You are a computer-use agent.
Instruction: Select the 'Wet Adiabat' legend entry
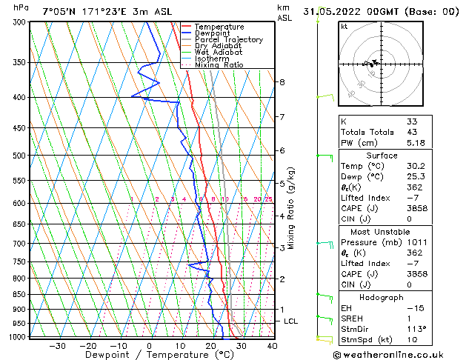218,52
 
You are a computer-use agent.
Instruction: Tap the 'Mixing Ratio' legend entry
219,64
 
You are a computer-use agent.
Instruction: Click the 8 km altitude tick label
282,81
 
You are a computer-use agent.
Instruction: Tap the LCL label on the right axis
291,321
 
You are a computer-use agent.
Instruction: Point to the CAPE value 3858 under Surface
413,209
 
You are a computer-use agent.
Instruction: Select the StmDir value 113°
415,329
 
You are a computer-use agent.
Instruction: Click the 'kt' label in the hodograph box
344,26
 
